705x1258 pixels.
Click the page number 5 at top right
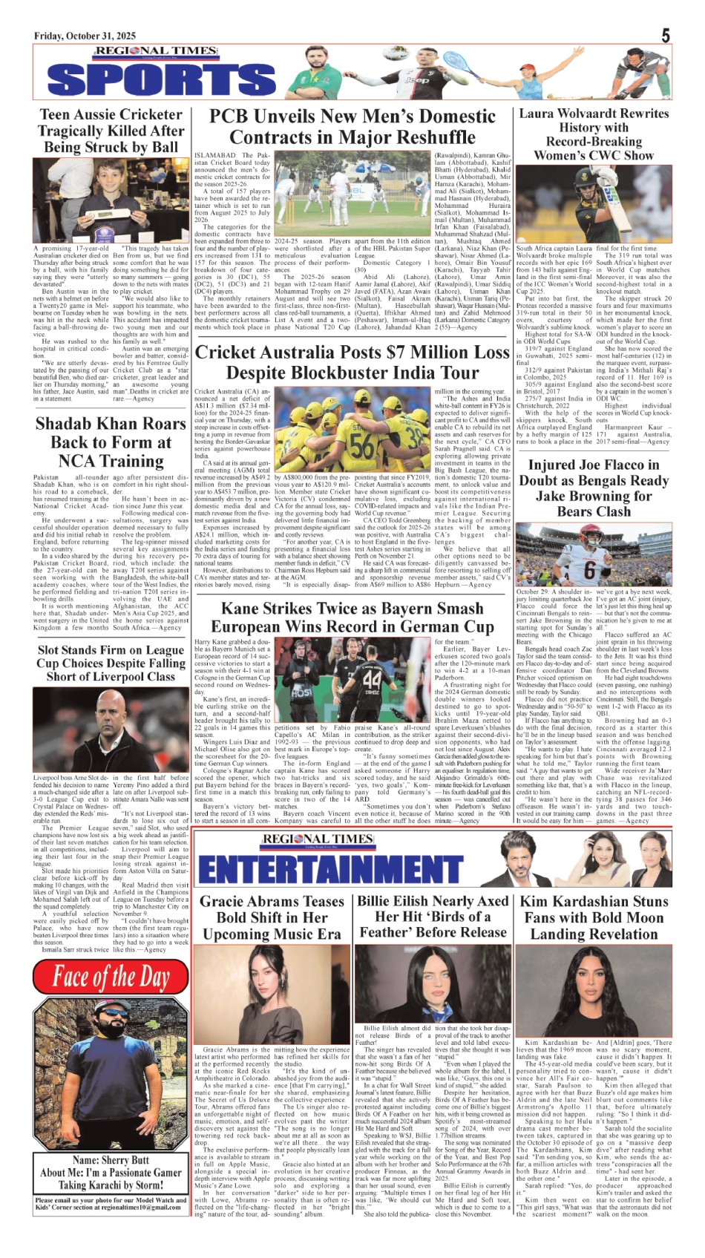(666, 35)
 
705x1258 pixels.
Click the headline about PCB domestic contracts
(352, 127)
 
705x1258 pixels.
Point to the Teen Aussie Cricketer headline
(111, 131)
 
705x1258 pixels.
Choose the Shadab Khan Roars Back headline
(111, 442)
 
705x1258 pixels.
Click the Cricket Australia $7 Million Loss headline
(352, 362)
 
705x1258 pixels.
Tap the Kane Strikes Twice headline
(352, 617)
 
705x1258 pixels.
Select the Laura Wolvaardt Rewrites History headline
(594, 134)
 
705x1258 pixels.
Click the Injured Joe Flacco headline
(594, 488)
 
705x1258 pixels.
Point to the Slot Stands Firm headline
(111, 663)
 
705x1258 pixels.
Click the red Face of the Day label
(111, 977)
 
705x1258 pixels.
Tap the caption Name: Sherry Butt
(111, 1159)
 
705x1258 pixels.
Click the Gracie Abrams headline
(272, 917)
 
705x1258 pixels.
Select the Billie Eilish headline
(433, 916)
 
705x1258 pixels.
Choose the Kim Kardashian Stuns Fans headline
(594, 917)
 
